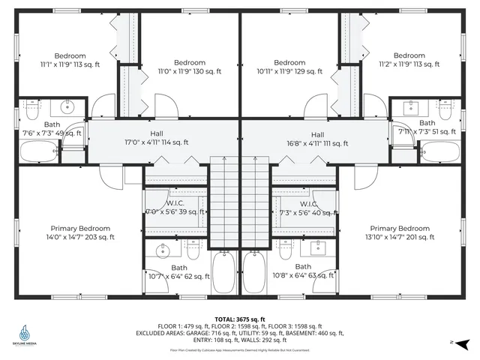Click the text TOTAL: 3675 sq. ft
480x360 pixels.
(x=239, y=319)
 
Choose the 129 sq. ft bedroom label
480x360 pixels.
(x=289, y=67)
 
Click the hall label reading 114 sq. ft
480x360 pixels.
(x=156, y=138)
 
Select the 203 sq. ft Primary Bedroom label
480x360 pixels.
(x=80, y=232)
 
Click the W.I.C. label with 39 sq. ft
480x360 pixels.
(x=175, y=208)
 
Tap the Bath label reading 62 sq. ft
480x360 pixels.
(x=179, y=271)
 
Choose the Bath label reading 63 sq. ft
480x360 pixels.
(x=303, y=271)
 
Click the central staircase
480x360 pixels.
(x=239, y=202)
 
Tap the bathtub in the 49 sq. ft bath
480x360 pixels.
(x=40, y=152)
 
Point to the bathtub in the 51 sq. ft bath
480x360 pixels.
(x=438, y=152)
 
